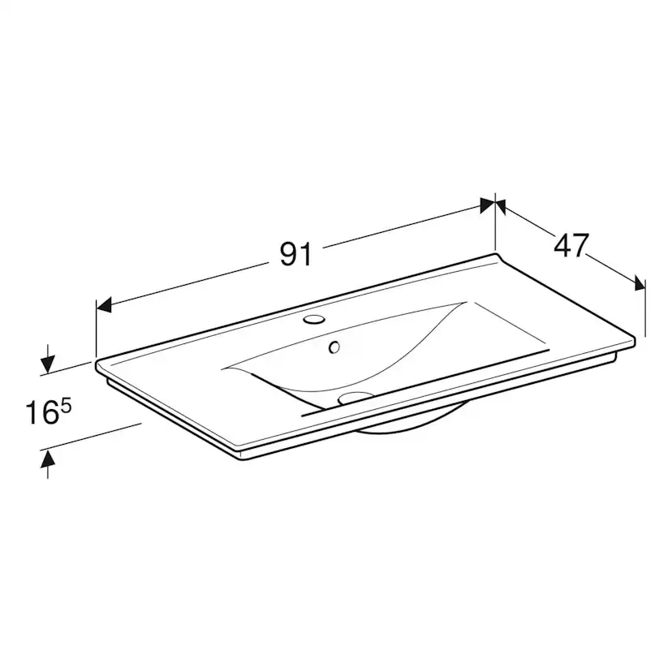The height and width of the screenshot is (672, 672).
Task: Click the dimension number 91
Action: click(295, 254)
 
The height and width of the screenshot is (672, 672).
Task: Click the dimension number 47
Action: click(571, 246)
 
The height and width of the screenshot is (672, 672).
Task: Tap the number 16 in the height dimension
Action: click(41, 412)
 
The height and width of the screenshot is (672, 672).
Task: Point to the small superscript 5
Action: click(66, 407)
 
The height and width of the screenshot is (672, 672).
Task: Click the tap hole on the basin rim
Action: click(314, 319)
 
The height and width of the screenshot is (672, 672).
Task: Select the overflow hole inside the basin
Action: click(334, 347)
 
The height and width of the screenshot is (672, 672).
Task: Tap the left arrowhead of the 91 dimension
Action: click(104, 304)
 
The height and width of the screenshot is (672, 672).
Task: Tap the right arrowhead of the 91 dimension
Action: click(488, 205)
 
